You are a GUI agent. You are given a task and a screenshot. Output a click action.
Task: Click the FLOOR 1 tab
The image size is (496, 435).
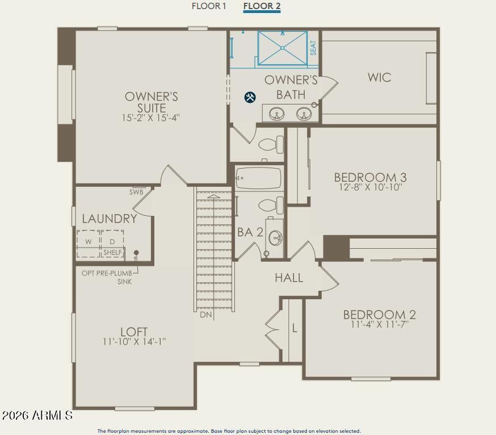[209, 6]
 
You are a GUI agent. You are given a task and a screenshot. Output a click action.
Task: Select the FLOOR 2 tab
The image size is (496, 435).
[262, 6]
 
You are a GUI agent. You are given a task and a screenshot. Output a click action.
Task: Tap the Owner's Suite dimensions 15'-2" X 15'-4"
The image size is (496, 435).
[151, 118]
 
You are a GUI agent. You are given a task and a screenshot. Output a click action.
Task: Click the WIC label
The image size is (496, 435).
[379, 77]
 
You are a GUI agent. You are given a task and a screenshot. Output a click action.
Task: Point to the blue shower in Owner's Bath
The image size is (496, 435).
[283, 48]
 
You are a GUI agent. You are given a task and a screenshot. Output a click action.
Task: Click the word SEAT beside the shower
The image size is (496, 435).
[313, 48]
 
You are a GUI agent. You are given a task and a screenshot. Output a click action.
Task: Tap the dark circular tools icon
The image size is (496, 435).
[250, 97]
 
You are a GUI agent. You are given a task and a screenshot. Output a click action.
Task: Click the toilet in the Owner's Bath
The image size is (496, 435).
[271, 144]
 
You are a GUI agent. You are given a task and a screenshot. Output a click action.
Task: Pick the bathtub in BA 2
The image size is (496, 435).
[258, 178]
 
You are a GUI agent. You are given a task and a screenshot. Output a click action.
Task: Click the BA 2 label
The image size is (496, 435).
[250, 232]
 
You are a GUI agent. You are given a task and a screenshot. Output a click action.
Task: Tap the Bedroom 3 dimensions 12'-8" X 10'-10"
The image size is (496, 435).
[370, 187]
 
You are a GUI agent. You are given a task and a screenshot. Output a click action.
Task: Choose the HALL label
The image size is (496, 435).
[289, 278]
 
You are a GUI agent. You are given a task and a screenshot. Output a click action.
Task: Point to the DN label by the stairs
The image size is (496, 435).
[205, 314]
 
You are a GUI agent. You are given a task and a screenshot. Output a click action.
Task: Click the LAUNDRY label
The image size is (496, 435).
[110, 219]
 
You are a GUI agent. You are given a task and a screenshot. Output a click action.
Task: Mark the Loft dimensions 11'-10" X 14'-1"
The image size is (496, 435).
[134, 341]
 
